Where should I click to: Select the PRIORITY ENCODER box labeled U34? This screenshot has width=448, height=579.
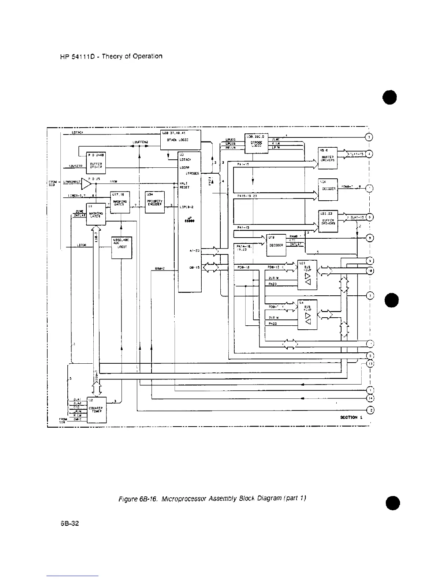tap(155, 202)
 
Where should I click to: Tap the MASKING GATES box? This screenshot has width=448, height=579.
tap(120, 202)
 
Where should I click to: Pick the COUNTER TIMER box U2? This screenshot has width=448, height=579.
tap(96, 410)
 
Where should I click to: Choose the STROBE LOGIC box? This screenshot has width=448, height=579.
tap(256, 143)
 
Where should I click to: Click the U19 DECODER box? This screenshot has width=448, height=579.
tap(276, 245)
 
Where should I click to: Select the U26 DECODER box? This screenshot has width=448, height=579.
tap(328, 189)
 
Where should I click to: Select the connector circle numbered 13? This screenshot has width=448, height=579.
tap(370, 364)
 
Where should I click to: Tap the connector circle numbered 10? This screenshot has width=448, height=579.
tap(370, 271)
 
